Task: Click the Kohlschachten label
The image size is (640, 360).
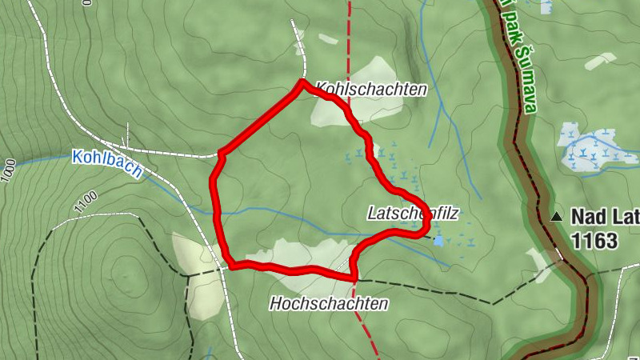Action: pos(370,89)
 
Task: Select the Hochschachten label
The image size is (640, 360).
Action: pos(328,304)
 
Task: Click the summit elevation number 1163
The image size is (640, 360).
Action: pos(594,240)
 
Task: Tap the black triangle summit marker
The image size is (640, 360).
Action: pos(557,216)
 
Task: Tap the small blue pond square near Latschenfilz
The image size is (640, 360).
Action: pos(438,240)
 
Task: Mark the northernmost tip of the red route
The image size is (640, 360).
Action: pos(302,82)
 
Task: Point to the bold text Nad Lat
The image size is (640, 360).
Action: pos(604,216)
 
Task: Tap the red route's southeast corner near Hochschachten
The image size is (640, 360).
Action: pos(354,277)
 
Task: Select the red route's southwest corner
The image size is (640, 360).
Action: pos(230,265)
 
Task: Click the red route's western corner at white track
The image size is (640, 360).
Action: pos(221,152)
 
